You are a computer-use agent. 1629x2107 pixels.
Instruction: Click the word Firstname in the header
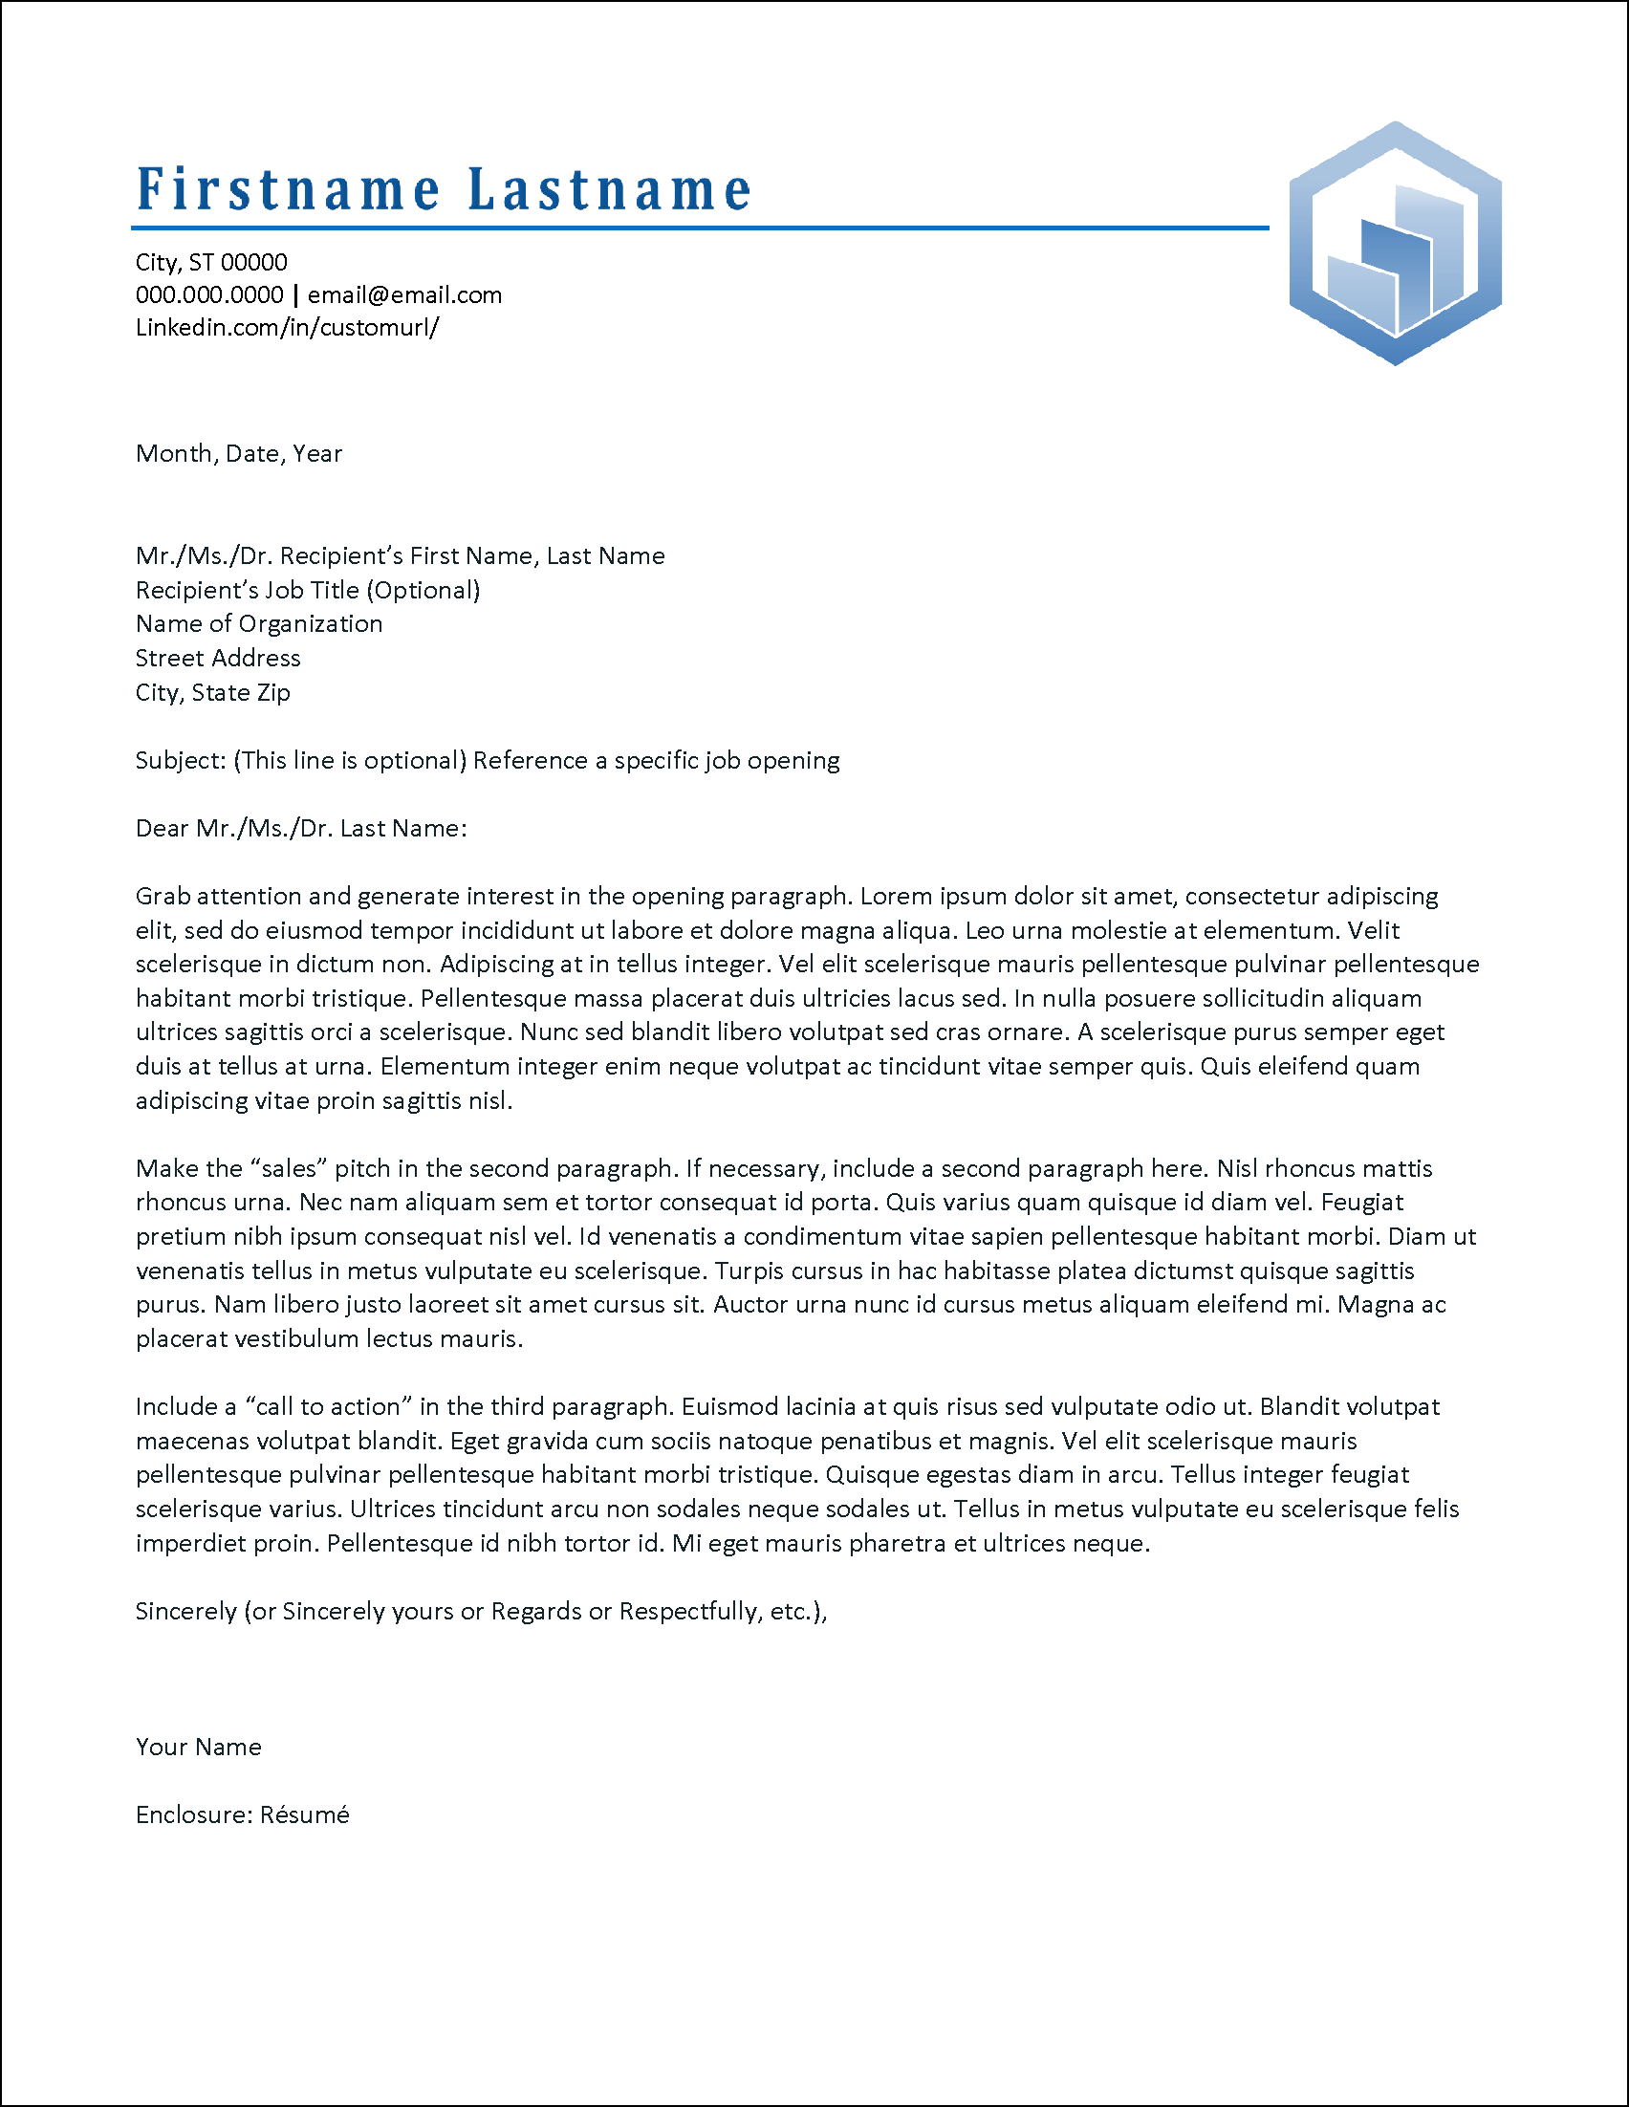coord(288,189)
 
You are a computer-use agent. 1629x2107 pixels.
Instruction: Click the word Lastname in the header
coord(609,189)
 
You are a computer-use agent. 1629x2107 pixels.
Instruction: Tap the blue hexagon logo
coord(1394,243)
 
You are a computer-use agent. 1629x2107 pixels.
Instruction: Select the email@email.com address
coord(404,295)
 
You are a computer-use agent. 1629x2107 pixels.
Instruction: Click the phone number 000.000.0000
coord(209,295)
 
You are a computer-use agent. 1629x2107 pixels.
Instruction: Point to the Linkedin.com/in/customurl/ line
coord(287,328)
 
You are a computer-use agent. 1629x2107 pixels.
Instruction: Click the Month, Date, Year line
coord(238,453)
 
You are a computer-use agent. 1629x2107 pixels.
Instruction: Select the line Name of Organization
coord(258,624)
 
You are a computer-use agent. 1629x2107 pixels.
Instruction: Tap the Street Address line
coord(217,658)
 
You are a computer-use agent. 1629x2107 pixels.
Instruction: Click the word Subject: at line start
coord(181,760)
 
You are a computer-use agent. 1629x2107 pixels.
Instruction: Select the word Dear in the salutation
coord(161,829)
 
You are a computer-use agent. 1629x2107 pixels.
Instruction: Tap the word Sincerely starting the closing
coord(185,1611)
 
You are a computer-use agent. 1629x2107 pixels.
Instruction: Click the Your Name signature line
coord(198,1748)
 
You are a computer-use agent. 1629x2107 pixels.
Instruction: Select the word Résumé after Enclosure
coord(304,1814)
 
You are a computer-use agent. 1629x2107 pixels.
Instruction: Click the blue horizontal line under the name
coord(699,228)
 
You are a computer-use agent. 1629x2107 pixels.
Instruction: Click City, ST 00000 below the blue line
coord(211,262)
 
